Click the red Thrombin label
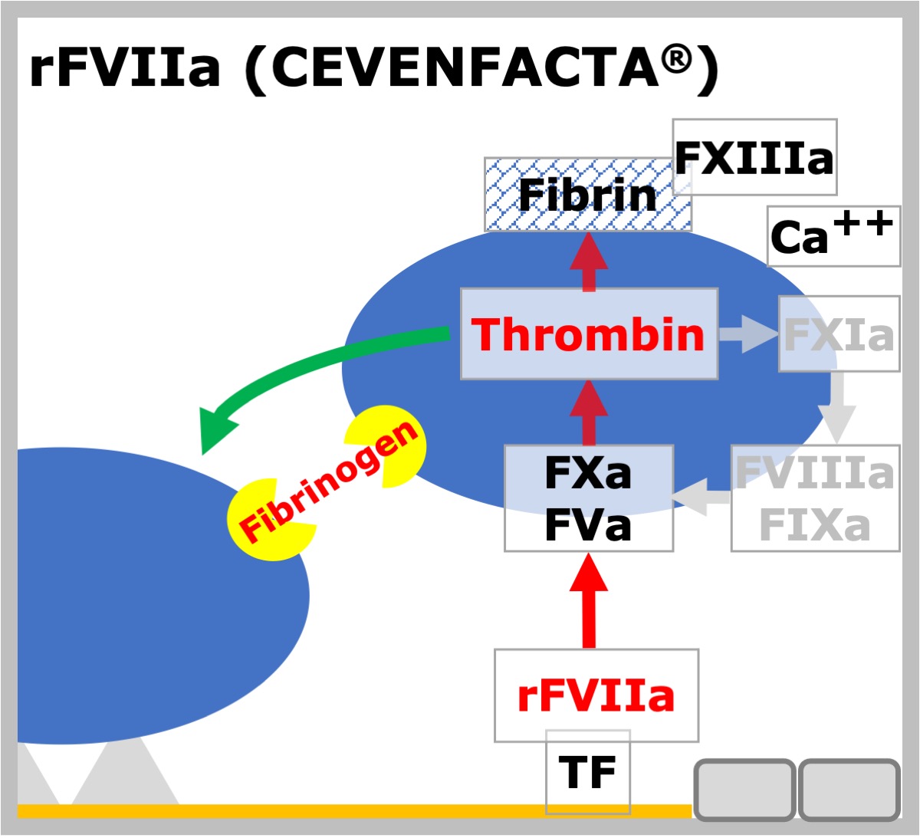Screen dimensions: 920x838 click(587, 334)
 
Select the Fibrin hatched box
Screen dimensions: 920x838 click(588, 195)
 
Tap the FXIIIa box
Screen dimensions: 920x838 click(754, 157)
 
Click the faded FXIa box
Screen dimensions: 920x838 click(839, 334)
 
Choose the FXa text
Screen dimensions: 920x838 click(588, 473)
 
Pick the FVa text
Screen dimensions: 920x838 click(588, 525)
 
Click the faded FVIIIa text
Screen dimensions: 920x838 click(815, 473)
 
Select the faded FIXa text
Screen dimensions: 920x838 click(815, 525)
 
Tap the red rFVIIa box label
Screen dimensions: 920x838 click(596, 696)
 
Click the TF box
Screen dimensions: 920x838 click(588, 772)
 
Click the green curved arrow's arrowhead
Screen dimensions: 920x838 click(215, 429)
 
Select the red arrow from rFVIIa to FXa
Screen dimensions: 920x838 click(589, 601)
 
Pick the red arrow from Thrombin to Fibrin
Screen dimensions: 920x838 click(589, 261)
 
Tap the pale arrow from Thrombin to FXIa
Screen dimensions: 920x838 click(748, 334)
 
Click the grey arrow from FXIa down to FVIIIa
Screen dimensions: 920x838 click(837, 407)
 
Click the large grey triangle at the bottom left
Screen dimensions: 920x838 click(125, 775)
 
